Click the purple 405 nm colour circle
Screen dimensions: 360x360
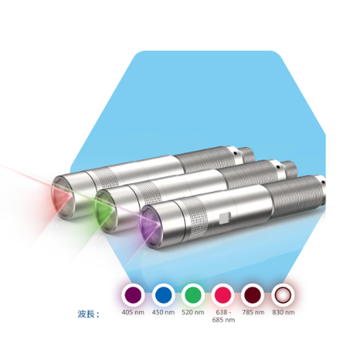133,295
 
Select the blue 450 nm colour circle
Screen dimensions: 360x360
163,295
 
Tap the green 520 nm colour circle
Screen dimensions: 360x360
193,295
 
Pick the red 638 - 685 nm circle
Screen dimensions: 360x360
223,295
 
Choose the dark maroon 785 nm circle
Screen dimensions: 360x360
253,295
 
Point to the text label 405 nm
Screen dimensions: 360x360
133,313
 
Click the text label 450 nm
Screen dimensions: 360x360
163,313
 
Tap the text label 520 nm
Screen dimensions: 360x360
193,313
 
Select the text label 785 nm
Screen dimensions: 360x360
253,313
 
